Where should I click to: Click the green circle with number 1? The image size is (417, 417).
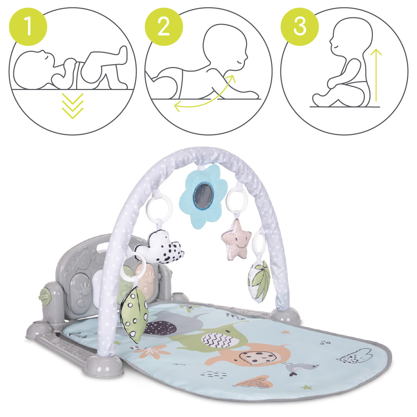(x=28, y=27)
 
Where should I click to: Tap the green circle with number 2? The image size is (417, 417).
(x=164, y=27)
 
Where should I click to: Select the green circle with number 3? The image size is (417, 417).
(x=300, y=27)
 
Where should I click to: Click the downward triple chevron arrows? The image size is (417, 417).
(x=73, y=106)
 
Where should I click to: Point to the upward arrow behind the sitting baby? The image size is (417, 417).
(x=376, y=75)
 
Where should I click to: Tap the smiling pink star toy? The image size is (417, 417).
(x=237, y=239)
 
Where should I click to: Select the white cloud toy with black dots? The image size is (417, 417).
(x=159, y=247)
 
